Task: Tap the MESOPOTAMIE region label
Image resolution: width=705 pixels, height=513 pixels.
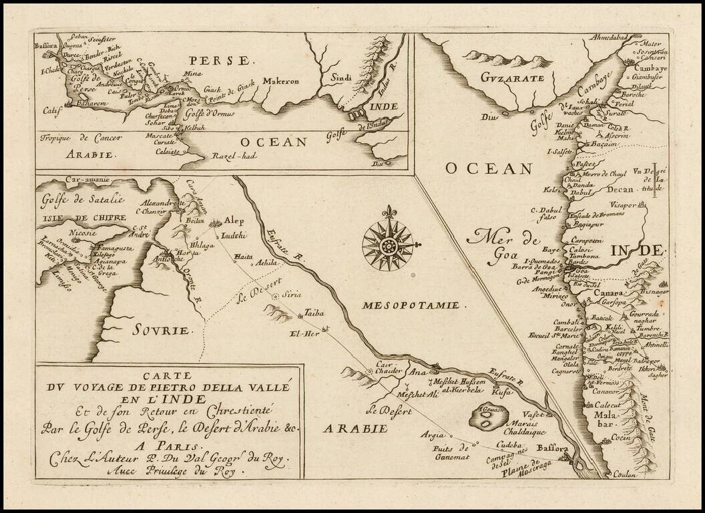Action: pyautogui.click(x=411, y=305)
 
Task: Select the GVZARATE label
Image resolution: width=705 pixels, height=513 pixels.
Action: pyautogui.click(x=508, y=78)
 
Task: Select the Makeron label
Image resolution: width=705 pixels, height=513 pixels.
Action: pyautogui.click(x=280, y=81)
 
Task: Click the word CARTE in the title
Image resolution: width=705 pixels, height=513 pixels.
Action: pyautogui.click(x=169, y=375)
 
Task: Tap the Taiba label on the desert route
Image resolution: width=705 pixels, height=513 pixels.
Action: pyautogui.click(x=313, y=312)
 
